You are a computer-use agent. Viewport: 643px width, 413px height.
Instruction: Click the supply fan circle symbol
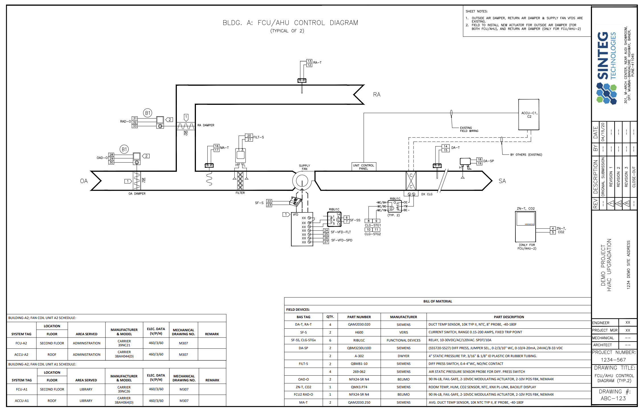pyautogui.click(x=302, y=181)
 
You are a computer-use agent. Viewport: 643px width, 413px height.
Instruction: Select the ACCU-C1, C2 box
pyautogui.click(x=529, y=115)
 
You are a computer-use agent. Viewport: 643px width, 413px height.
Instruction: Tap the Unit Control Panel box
pyautogui.click(x=363, y=167)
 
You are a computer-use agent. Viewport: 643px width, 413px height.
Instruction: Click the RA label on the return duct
pyautogui.click(x=376, y=95)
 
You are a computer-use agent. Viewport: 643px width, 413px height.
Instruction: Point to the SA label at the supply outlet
pyautogui.click(x=502, y=181)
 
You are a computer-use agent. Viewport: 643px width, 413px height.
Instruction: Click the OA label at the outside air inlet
pyautogui.click(x=84, y=181)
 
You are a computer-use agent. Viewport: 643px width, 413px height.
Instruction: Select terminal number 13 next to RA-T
pyautogui.click(x=309, y=61)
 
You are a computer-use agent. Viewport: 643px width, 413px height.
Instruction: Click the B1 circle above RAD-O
pyautogui.click(x=148, y=113)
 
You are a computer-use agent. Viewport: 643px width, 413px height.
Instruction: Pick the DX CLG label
pyautogui.click(x=427, y=194)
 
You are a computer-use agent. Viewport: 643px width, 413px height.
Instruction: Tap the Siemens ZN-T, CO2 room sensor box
pyautogui.click(x=526, y=227)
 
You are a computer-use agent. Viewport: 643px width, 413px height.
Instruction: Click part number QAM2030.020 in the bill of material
pyautogui.click(x=359, y=324)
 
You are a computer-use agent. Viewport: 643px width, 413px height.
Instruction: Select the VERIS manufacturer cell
pyautogui.click(x=403, y=332)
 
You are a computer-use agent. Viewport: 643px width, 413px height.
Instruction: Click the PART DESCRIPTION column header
pyautogui.click(x=509, y=317)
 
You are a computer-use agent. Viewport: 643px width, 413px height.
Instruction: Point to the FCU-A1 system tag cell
pyautogui.click(x=22, y=389)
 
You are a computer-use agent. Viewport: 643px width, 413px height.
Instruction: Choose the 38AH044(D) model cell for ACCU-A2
pyautogui.click(x=124, y=354)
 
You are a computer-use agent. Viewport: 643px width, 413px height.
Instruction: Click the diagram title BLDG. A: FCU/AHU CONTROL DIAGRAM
pyautogui.click(x=290, y=23)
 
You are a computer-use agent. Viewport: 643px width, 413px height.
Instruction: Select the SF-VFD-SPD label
pyautogui.click(x=341, y=240)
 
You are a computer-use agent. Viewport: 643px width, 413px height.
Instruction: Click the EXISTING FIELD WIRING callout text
pyautogui.click(x=469, y=129)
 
